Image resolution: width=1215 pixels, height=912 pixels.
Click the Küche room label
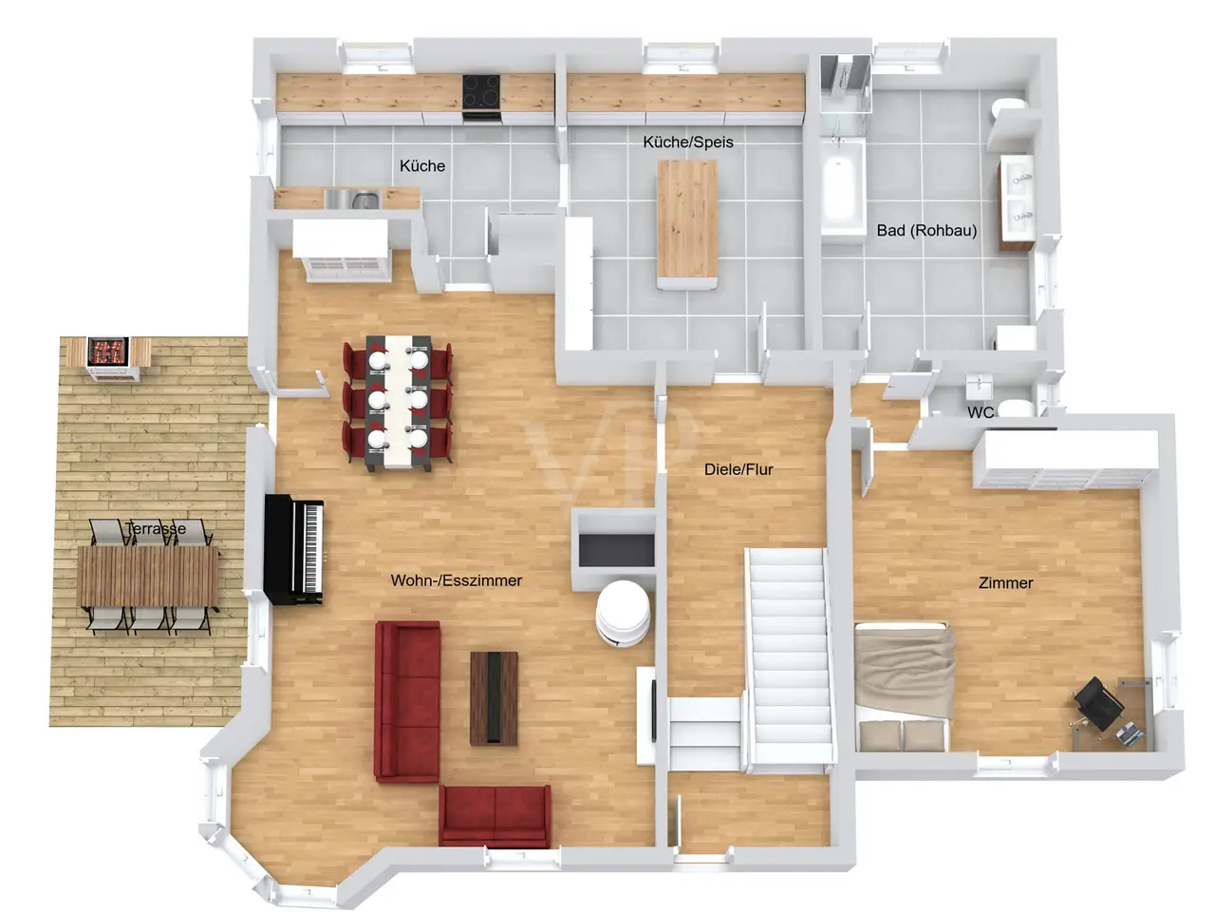(x=421, y=165)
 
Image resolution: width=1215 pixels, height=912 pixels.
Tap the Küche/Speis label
(x=687, y=142)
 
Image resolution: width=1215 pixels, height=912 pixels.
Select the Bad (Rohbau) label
(x=926, y=230)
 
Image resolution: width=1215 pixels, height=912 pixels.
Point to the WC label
(x=981, y=412)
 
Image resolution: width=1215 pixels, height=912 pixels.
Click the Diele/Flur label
(x=738, y=469)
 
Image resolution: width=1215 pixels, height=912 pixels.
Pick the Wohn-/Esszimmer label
(x=457, y=580)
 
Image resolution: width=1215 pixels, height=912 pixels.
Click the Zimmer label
(x=1006, y=582)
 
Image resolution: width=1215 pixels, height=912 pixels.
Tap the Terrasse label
(x=156, y=528)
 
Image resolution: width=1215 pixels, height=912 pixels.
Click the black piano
(x=294, y=550)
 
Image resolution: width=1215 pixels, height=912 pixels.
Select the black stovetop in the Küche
(x=481, y=92)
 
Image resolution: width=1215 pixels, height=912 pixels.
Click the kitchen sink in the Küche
(x=352, y=199)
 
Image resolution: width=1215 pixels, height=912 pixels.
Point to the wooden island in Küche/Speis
(x=687, y=223)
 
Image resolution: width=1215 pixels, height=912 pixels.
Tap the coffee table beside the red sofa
(x=494, y=698)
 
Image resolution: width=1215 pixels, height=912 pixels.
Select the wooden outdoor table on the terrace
(x=148, y=576)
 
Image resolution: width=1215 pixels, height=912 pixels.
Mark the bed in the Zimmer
(x=903, y=687)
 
